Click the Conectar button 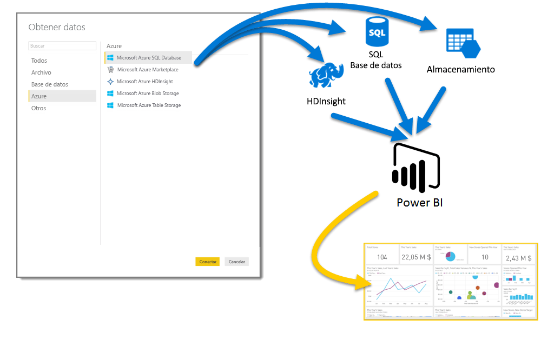pos(207,262)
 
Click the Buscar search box pos(63,46)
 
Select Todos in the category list pos(39,61)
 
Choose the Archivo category pos(41,72)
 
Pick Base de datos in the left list pos(50,84)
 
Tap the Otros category pos(39,108)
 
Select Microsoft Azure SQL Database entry pos(149,57)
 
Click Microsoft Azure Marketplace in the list pos(147,69)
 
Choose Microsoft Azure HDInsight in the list pos(145,82)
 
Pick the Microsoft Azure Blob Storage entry pos(148,94)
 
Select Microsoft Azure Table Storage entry pos(149,105)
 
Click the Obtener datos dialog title pos(57,27)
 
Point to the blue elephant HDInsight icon pos(327,76)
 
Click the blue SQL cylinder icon pos(376,33)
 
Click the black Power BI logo pos(415,168)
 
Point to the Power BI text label pos(419,203)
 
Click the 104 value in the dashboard pos(382,257)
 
